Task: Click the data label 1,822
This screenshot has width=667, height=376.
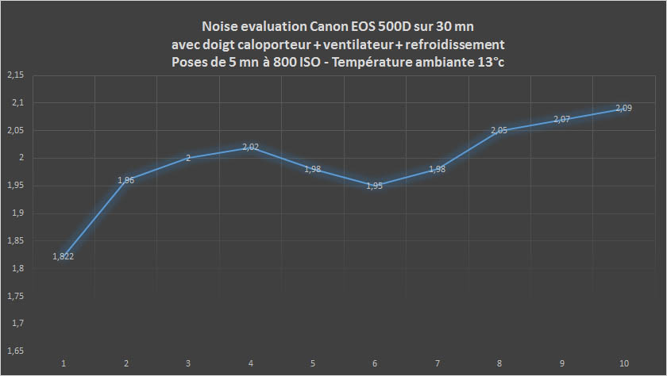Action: (64, 256)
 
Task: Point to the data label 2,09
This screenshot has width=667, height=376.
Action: (624, 108)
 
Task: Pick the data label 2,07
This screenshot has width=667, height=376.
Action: (561, 119)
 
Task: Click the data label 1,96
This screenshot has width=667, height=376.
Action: (126, 180)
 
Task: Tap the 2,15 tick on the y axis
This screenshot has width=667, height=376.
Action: (15, 75)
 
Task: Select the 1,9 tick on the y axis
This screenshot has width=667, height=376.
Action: (17, 213)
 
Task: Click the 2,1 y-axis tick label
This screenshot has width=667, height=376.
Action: (17, 103)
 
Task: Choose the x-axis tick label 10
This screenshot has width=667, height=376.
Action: (624, 363)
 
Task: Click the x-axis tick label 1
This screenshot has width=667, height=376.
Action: (64, 363)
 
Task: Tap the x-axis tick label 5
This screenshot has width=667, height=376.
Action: (313, 363)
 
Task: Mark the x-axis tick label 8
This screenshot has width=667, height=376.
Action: (499, 363)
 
